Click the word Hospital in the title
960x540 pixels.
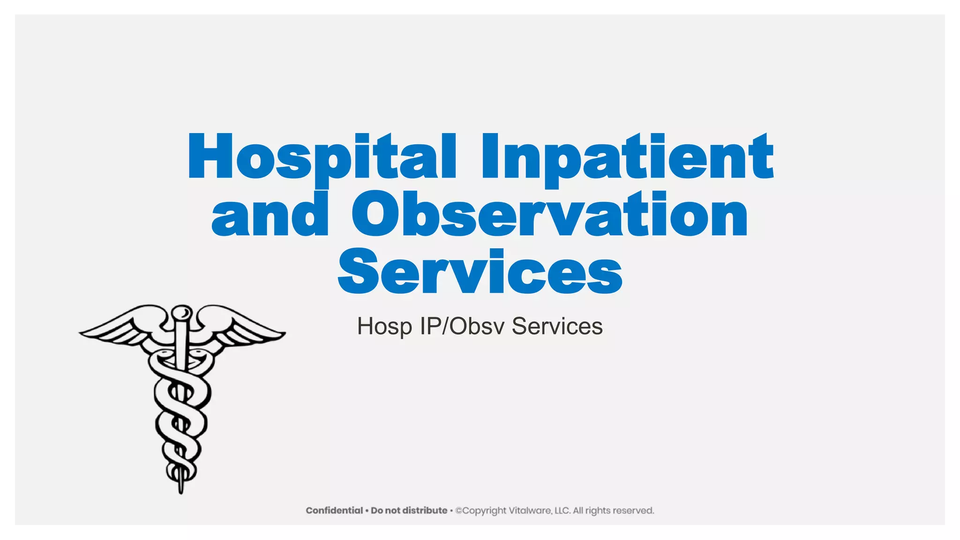pos(322,157)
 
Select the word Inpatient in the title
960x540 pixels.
pos(627,157)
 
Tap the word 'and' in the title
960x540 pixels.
pos(270,215)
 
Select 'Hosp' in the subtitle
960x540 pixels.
pos(384,327)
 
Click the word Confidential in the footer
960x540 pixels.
pos(334,510)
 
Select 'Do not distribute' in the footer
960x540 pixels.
pos(409,510)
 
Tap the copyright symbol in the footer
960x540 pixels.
pos(458,510)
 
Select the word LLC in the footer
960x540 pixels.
pos(562,510)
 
